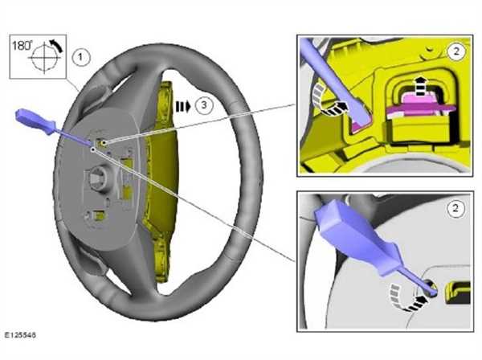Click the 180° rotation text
click(x=22, y=46)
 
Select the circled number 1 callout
click(x=81, y=57)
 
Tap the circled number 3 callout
click(x=204, y=105)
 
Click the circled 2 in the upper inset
click(x=456, y=51)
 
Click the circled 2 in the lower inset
click(x=455, y=208)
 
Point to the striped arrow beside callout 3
click(x=183, y=106)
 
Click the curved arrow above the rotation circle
click(x=56, y=45)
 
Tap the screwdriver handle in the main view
click(x=35, y=121)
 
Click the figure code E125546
click(x=20, y=335)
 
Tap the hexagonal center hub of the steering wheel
click(x=99, y=179)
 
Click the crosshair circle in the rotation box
click(x=44, y=58)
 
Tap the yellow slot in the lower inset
click(x=458, y=292)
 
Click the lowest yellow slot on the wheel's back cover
click(x=99, y=216)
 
